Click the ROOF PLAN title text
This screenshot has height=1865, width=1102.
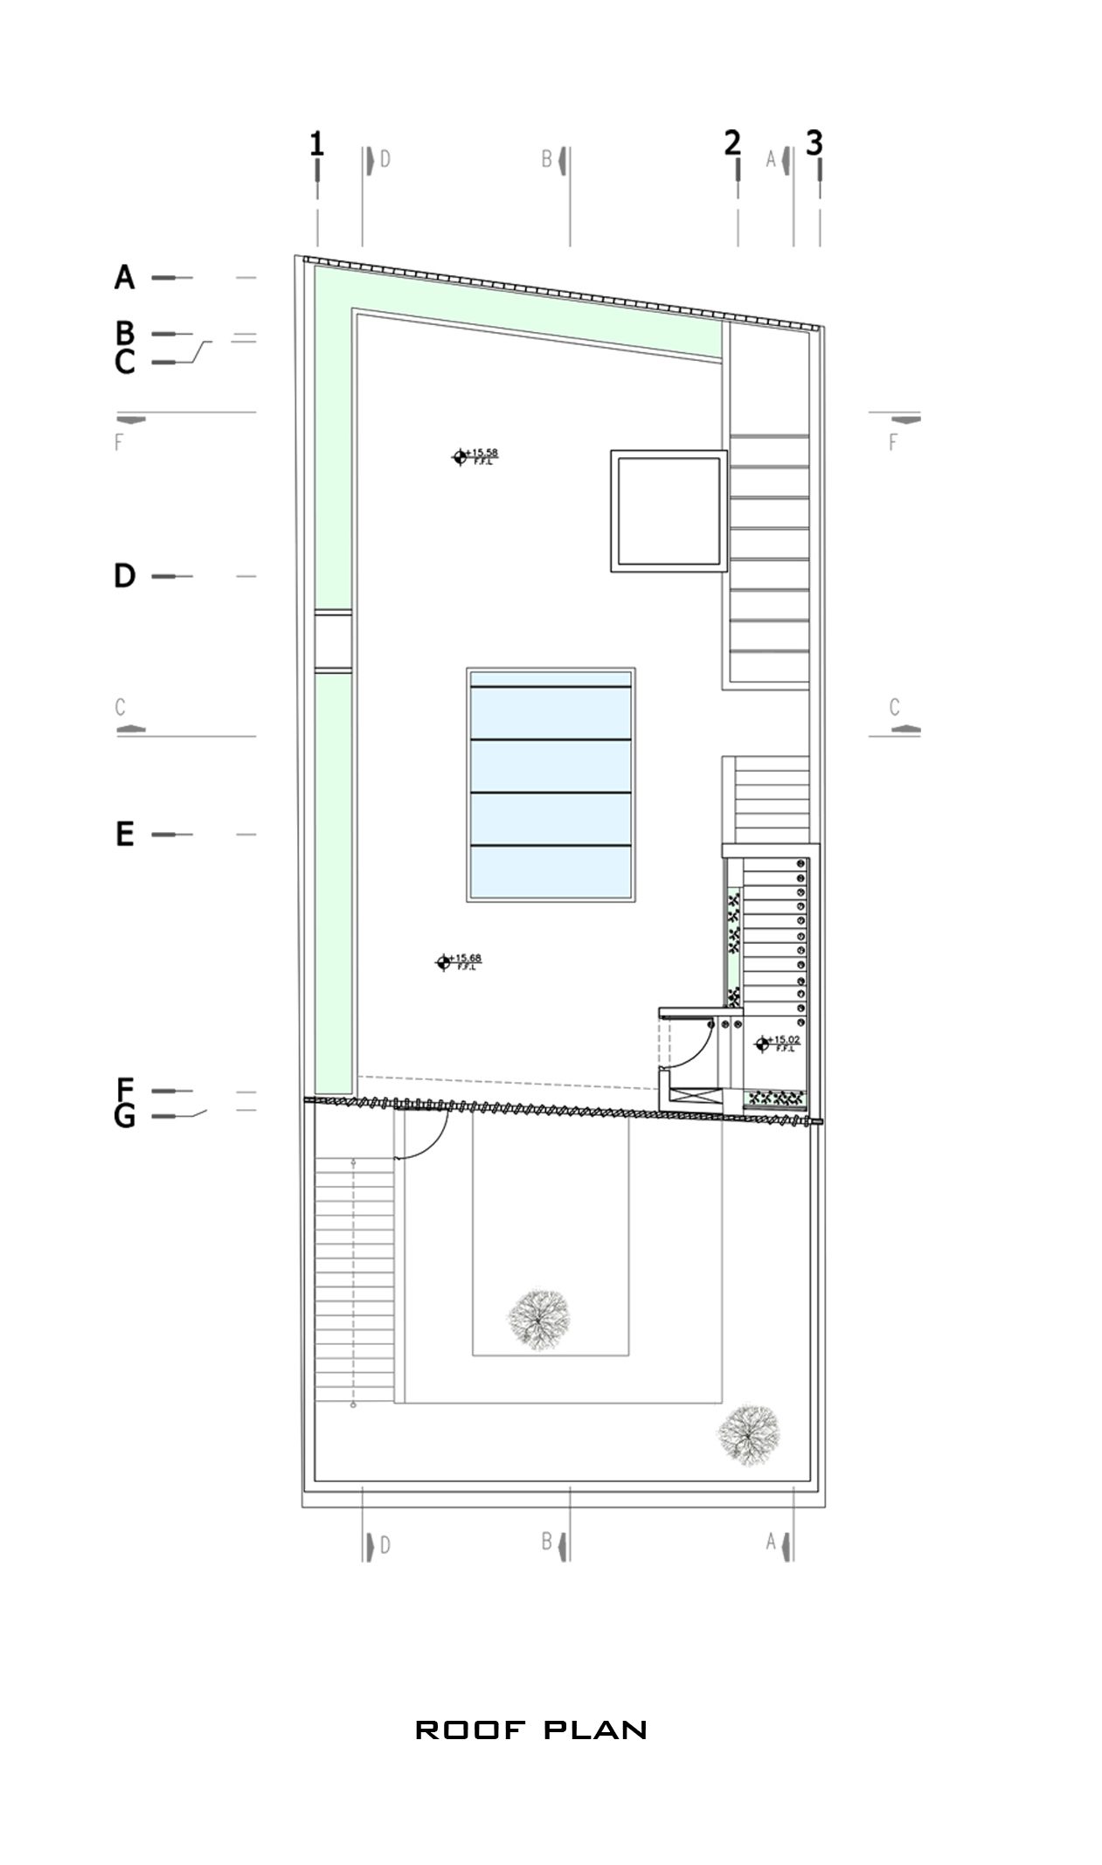(x=530, y=1730)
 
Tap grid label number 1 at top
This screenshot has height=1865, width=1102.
(x=316, y=142)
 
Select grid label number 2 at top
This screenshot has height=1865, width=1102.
(x=731, y=142)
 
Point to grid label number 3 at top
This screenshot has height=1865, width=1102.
(x=814, y=142)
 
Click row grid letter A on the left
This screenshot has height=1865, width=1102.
(x=125, y=278)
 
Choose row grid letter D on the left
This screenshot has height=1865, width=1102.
(x=125, y=576)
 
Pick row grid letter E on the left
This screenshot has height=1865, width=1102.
(x=125, y=835)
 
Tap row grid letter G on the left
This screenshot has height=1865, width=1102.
(x=125, y=1117)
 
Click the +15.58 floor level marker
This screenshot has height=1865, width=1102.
(x=460, y=456)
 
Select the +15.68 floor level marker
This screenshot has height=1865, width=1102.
(x=443, y=962)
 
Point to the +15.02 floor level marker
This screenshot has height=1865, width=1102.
(x=763, y=1043)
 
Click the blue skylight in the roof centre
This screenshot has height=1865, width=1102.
(x=550, y=784)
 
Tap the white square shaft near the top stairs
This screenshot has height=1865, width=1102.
(x=669, y=511)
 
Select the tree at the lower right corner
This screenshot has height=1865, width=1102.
(x=748, y=1433)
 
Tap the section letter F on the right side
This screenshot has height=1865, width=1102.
(x=893, y=442)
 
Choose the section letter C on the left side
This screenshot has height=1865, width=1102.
(x=121, y=706)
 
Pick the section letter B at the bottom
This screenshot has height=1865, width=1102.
(x=546, y=1543)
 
